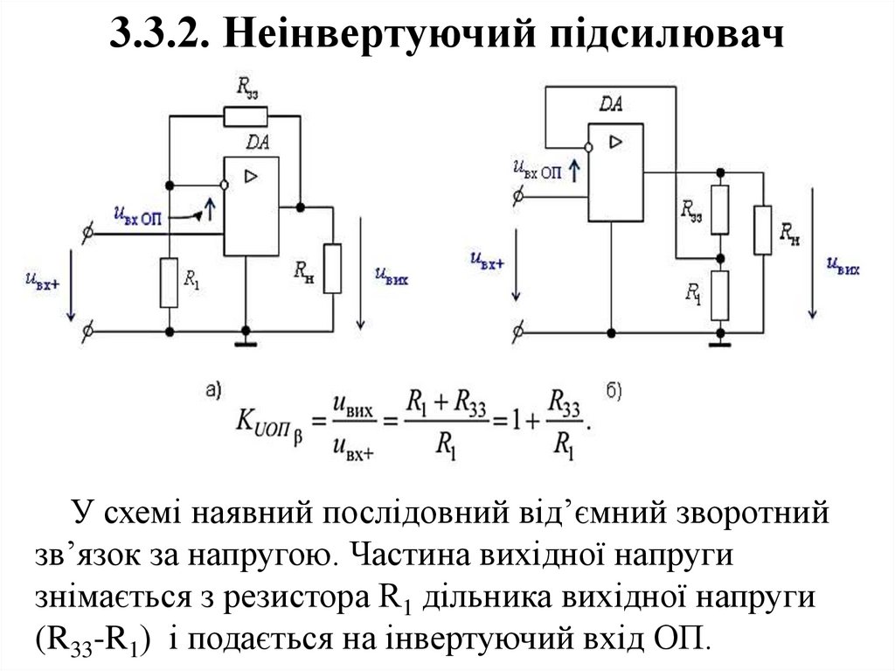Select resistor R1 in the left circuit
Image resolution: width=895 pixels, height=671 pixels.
[x=170, y=283]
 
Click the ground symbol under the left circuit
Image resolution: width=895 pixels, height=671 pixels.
[x=246, y=339]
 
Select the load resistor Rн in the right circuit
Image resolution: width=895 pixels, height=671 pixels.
[x=763, y=230]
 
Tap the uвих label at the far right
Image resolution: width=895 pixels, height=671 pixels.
[x=844, y=264]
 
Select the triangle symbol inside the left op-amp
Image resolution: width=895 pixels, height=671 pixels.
[x=252, y=177]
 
